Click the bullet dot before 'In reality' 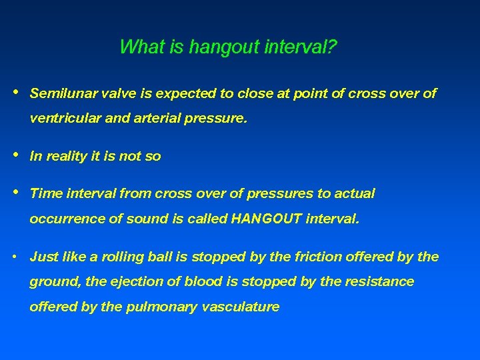[15, 155]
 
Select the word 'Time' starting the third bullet [45, 193]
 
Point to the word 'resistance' [379, 282]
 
